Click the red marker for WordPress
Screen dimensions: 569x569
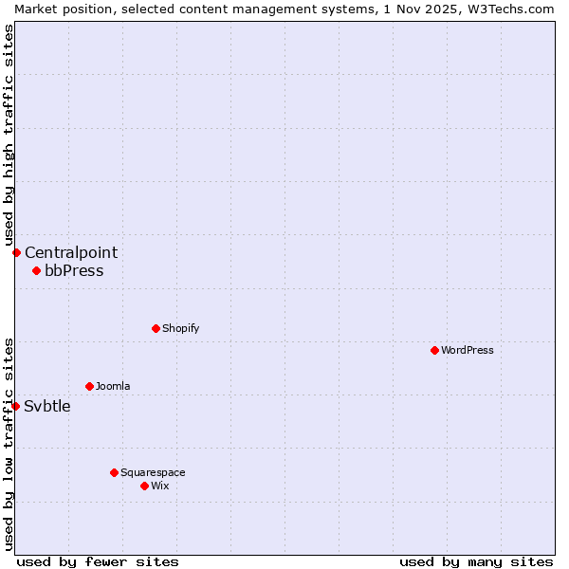click(434, 350)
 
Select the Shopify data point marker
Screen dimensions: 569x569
click(156, 328)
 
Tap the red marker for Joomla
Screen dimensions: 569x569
click(89, 386)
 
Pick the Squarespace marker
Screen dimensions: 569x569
click(114, 472)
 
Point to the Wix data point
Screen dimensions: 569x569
click(144, 486)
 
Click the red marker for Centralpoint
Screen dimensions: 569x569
click(16, 252)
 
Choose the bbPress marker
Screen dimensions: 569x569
click(36, 270)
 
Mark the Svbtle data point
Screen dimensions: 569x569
click(15, 406)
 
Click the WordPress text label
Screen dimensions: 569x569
click(468, 350)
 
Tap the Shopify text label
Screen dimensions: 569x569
click(180, 328)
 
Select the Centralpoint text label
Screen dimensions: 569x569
click(71, 252)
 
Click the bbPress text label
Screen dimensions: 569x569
click(74, 270)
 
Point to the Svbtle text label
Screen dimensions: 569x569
click(47, 406)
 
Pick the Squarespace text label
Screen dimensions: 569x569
click(153, 472)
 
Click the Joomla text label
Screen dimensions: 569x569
click(113, 386)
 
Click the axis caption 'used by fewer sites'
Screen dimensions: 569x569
click(98, 561)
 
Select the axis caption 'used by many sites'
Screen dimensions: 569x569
click(476, 561)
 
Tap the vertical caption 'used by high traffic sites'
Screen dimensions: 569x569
click(9, 136)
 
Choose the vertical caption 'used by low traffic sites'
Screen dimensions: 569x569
click(9, 443)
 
